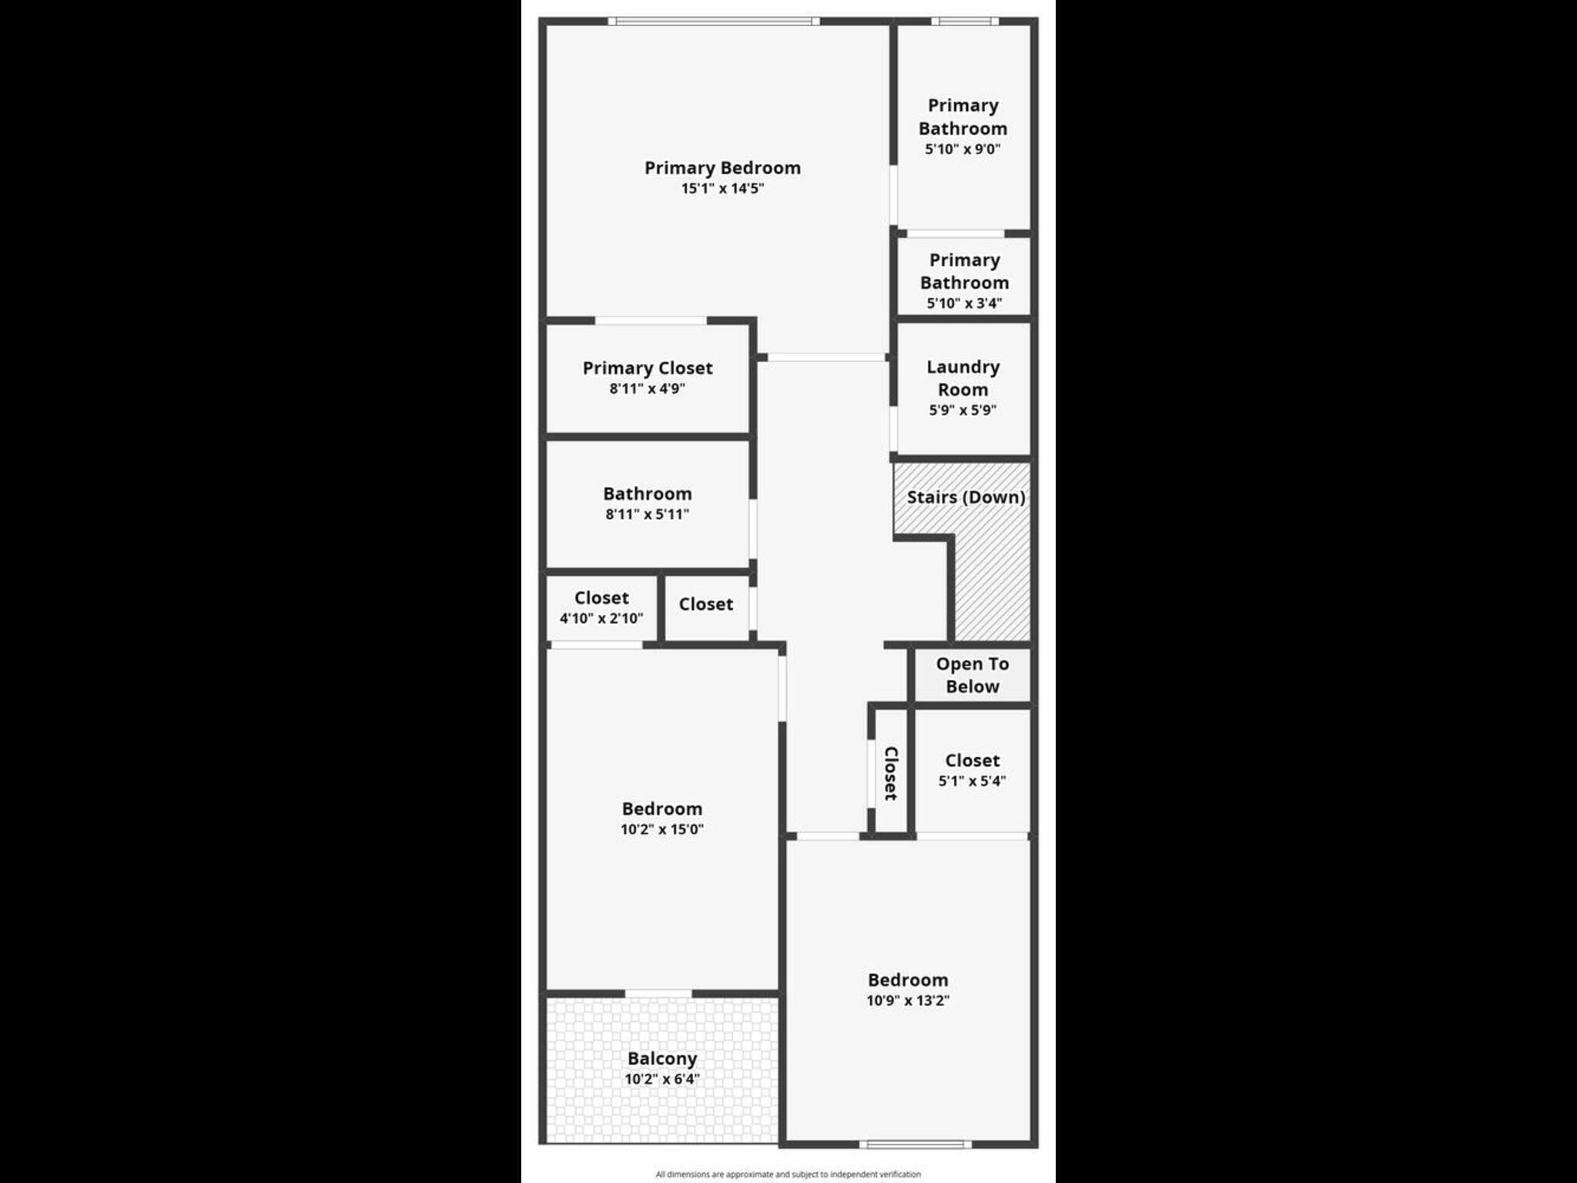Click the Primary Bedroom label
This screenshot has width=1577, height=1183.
pyautogui.click(x=722, y=168)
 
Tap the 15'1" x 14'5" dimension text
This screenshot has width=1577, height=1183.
pyautogui.click(x=722, y=189)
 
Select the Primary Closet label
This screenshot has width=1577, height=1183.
pyautogui.click(x=648, y=368)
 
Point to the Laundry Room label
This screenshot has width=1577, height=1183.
pyautogui.click(x=963, y=378)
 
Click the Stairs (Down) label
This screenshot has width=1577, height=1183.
pyautogui.click(x=966, y=498)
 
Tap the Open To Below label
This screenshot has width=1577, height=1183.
pyautogui.click(x=973, y=675)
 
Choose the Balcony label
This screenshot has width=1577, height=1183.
pyautogui.click(x=662, y=1059)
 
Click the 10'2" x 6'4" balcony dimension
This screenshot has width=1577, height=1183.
pyautogui.click(x=662, y=1079)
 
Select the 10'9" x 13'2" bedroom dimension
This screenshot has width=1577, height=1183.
pyautogui.click(x=908, y=1000)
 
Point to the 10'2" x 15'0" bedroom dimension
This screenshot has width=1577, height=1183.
pyautogui.click(x=662, y=829)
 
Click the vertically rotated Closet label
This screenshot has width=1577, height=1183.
pyautogui.click(x=891, y=773)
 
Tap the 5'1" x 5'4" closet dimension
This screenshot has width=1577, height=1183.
pyautogui.click(x=972, y=781)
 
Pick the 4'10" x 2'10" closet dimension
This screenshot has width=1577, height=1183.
pyautogui.click(x=601, y=618)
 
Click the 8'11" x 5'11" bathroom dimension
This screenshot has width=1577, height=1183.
pyautogui.click(x=647, y=514)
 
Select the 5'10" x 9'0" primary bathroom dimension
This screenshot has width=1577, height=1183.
pyautogui.click(x=963, y=149)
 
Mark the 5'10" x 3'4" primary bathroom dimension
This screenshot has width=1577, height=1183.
pyautogui.click(x=964, y=303)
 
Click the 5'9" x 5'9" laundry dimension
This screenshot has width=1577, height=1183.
pyautogui.click(x=963, y=411)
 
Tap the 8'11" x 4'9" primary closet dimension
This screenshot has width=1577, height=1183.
pyautogui.click(x=647, y=389)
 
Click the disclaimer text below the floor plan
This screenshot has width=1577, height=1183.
pyautogui.click(x=788, y=1175)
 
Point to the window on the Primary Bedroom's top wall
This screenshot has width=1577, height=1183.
pyautogui.click(x=714, y=21)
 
